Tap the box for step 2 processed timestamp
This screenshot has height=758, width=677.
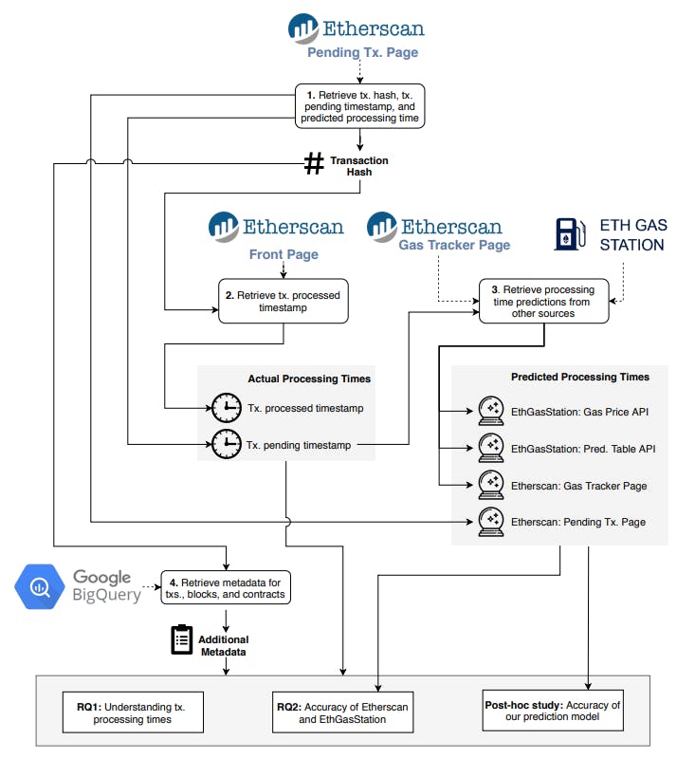pos(283,302)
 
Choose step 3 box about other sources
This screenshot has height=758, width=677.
pos(543,302)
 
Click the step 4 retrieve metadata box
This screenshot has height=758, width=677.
pos(226,588)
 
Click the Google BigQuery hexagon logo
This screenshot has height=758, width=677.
pos(40,584)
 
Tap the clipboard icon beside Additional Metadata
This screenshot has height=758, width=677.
pos(181,640)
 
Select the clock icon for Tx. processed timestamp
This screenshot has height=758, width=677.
pos(227,409)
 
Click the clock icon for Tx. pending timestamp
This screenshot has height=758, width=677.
pos(227,443)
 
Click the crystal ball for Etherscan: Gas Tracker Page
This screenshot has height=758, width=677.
pos(490,484)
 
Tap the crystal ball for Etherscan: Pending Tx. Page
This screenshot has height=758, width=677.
pos(490,520)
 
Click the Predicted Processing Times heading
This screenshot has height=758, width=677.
pos(579,377)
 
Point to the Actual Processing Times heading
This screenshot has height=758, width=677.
pos(309,379)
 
